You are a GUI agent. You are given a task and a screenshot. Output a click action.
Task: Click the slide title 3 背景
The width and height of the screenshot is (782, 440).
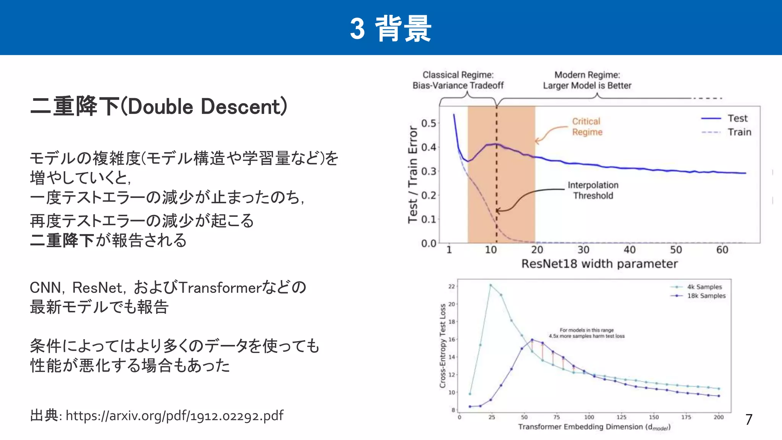tap(391, 29)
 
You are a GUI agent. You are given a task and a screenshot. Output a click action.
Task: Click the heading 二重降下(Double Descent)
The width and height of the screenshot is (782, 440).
tap(158, 107)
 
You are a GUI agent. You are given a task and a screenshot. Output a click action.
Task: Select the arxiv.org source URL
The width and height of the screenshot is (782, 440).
tap(174, 416)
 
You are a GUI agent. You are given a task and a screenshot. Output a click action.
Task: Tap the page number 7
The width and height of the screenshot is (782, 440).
tap(749, 420)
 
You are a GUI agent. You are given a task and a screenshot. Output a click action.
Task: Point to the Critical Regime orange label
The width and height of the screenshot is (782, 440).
tap(586, 127)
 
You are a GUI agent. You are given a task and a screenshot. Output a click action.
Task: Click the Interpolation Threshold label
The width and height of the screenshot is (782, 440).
tap(593, 190)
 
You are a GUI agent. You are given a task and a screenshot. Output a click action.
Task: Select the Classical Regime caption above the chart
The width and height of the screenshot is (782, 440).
tap(458, 80)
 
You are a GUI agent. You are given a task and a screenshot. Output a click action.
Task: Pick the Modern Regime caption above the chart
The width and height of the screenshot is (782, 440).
tap(587, 80)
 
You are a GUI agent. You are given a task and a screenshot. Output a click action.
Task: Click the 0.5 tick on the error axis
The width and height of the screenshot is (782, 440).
tap(428, 123)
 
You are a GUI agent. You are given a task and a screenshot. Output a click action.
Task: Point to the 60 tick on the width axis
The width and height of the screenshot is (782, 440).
tap(722, 250)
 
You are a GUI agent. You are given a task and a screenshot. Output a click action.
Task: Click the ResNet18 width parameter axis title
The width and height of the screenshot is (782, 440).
tap(599, 264)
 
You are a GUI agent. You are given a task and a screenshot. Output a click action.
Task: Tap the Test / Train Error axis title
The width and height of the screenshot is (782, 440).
tap(412, 174)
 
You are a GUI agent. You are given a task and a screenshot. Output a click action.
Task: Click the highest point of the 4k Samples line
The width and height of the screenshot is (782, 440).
tap(491, 285)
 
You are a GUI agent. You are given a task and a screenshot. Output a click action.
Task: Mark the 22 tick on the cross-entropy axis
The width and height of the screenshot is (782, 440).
tap(451, 286)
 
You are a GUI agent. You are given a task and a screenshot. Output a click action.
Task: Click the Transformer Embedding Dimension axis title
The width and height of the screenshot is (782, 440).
tap(594, 427)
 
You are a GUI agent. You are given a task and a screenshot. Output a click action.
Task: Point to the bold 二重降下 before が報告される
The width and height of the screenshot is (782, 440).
tap(62, 241)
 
